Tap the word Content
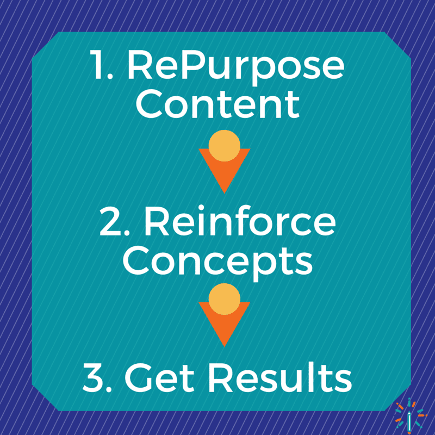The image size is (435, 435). coord(217,104)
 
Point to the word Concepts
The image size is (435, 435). coord(217,262)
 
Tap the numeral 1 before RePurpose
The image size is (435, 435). coord(100,65)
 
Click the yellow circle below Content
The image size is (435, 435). coord(224,146)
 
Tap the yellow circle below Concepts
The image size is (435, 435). coord(224,299)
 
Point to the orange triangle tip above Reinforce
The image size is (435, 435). coord(224,193)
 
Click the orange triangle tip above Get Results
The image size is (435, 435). coord(224,346)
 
